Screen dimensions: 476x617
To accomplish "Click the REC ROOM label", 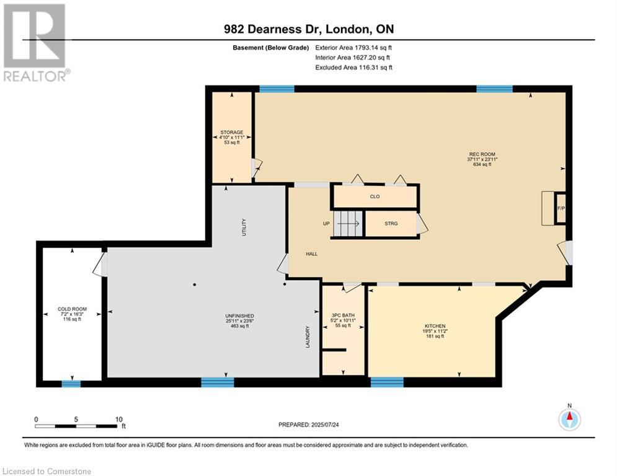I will pyautogui.click(x=482, y=154).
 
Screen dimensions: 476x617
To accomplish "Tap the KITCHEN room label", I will pyautogui.click(x=435, y=326).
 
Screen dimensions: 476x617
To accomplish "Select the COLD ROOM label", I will pyautogui.click(x=72, y=309).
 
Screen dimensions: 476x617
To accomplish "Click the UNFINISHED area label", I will pyautogui.click(x=239, y=316).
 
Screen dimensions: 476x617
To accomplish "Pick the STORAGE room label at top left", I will pyautogui.click(x=231, y=132).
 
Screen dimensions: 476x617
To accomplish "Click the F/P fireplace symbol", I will pyautogui.click(x=561, y=208).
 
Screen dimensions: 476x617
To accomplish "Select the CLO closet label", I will pyautogui.click(x=375, y=196).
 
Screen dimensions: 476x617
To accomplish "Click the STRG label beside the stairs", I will pyautogui.click(x=391, y=224).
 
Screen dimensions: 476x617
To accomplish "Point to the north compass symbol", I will pyautogui.click(x=569, y=420).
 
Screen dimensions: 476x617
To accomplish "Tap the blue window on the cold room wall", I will pyautogui.click(x=71, y=383).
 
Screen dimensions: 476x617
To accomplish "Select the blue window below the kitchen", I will pyautogui.click(x=387, y=382).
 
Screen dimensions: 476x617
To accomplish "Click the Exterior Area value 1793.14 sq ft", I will pyautogui.click(x=353, y=47).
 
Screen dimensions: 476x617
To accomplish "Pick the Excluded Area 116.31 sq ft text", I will pyautogui.click(x=353, y=68).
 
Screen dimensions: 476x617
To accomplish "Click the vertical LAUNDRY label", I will pyautogui.click(x=307, y=337).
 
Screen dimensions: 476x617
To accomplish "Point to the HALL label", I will pyautogui.click(x=311, y=253).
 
